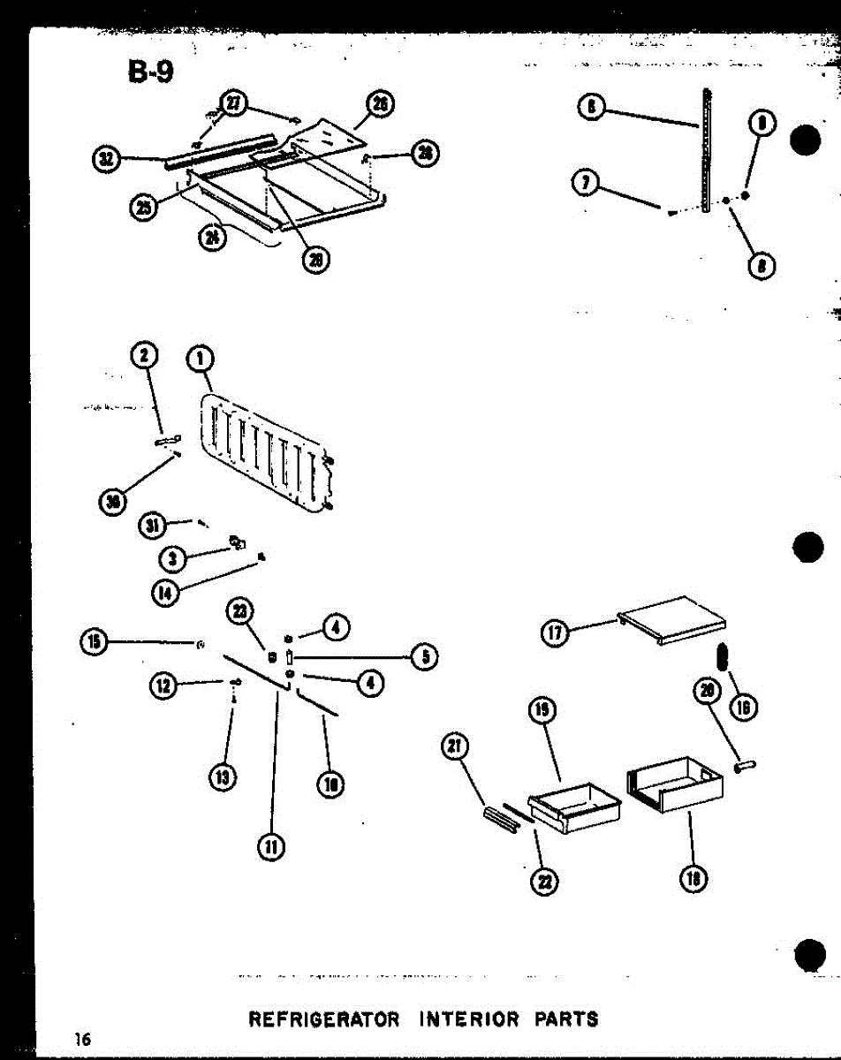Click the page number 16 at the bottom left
[x=84, y=1040]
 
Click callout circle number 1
[x=201, y=358]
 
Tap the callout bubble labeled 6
[x=590, y=108]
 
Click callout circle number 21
[x=454, y=747]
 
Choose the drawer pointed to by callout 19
[x=575, y=808]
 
